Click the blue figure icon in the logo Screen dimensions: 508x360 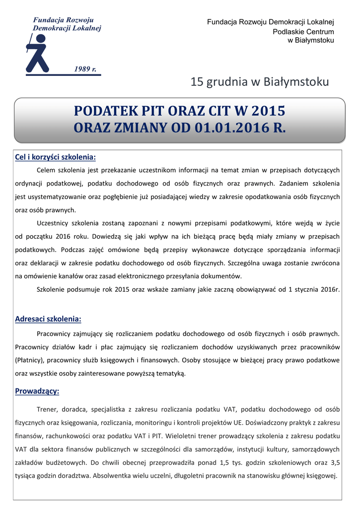pos(38,55)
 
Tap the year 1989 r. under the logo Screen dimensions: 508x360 pos(85,68)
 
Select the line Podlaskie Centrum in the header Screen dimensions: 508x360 pos(303,32)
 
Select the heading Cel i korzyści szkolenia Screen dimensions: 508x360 pos(55,157)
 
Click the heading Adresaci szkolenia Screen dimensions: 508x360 pos(48,318)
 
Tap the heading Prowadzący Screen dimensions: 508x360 pos(37,391)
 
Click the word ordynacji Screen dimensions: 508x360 pos(32,184)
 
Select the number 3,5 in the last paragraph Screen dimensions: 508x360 pos(334,463)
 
